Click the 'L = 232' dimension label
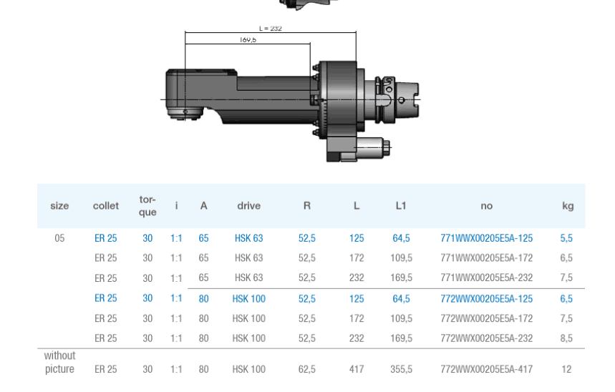270,29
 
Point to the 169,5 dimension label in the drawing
248,40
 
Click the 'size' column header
59,206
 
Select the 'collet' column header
106,206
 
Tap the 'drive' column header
248,206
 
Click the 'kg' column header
567,206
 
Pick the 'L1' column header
401,206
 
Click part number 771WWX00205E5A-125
486,238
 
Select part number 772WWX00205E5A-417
486,370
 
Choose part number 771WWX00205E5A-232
486,278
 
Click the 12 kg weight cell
566,370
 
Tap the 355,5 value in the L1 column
401,370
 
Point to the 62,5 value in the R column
306,370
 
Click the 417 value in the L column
357,370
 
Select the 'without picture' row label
59,363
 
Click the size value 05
59,238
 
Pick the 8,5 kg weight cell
566,338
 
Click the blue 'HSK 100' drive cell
248,299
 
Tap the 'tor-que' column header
147,206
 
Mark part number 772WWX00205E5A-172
486,318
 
